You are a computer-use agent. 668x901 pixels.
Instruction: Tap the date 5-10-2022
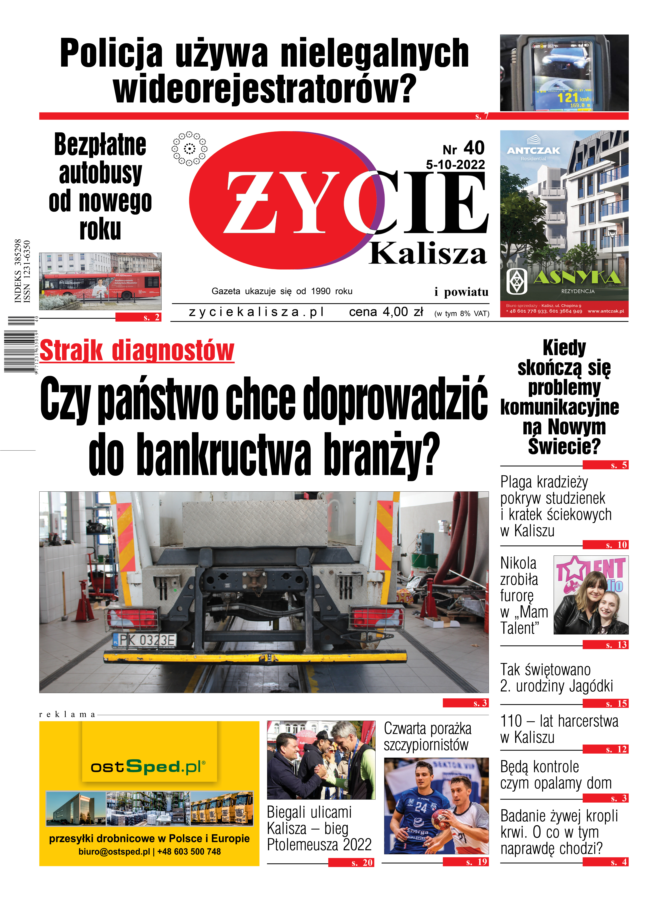(455, 165)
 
